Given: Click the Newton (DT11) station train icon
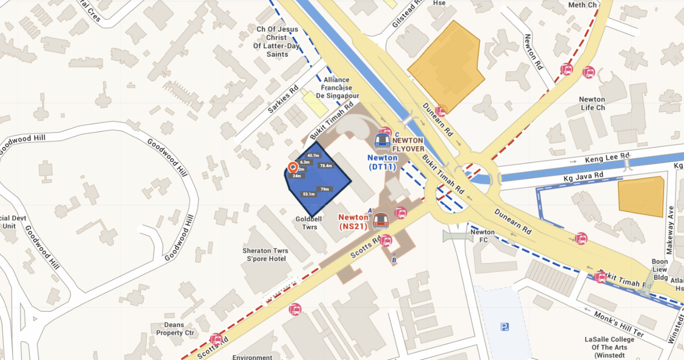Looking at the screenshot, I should (x=382, y=142).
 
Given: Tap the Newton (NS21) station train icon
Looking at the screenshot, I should (x=380, y=221).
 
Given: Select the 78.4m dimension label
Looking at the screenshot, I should (x=326, y=166).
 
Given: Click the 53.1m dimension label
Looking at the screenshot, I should (x=309, y=194).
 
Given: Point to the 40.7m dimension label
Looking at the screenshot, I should (x=313, y=155).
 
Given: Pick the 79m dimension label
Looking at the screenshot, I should (x=325, y=189).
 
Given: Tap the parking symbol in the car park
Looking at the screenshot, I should (x=504, y=326).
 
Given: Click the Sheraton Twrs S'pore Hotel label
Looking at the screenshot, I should (x=264, y=255).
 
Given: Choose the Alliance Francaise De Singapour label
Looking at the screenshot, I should (x=337, y=88).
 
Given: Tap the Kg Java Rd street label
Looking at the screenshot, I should (x=583, y=175).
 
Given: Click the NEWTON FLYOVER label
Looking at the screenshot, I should (x=408, y=144).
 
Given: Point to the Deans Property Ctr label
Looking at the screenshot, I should (x=176, y=329).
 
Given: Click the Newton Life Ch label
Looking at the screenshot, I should (x=592, y=103).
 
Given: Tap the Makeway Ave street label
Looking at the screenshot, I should (x=669, y=230).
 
